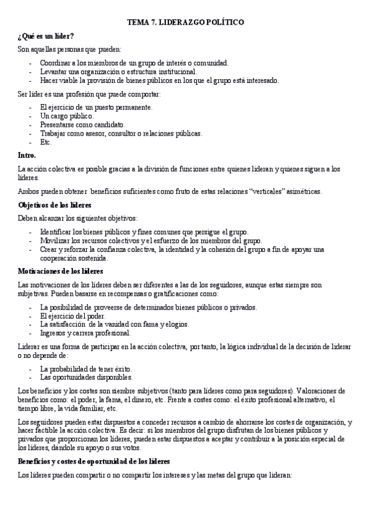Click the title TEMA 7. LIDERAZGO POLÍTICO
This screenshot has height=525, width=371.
(186, 22)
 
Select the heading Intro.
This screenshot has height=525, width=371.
(27, 155)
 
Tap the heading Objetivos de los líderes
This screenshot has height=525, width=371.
(55, 204)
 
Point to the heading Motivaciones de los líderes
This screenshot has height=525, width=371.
(61, 271)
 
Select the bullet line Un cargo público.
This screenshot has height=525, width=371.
(67, 116)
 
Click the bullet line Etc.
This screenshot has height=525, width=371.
(46, 142)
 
